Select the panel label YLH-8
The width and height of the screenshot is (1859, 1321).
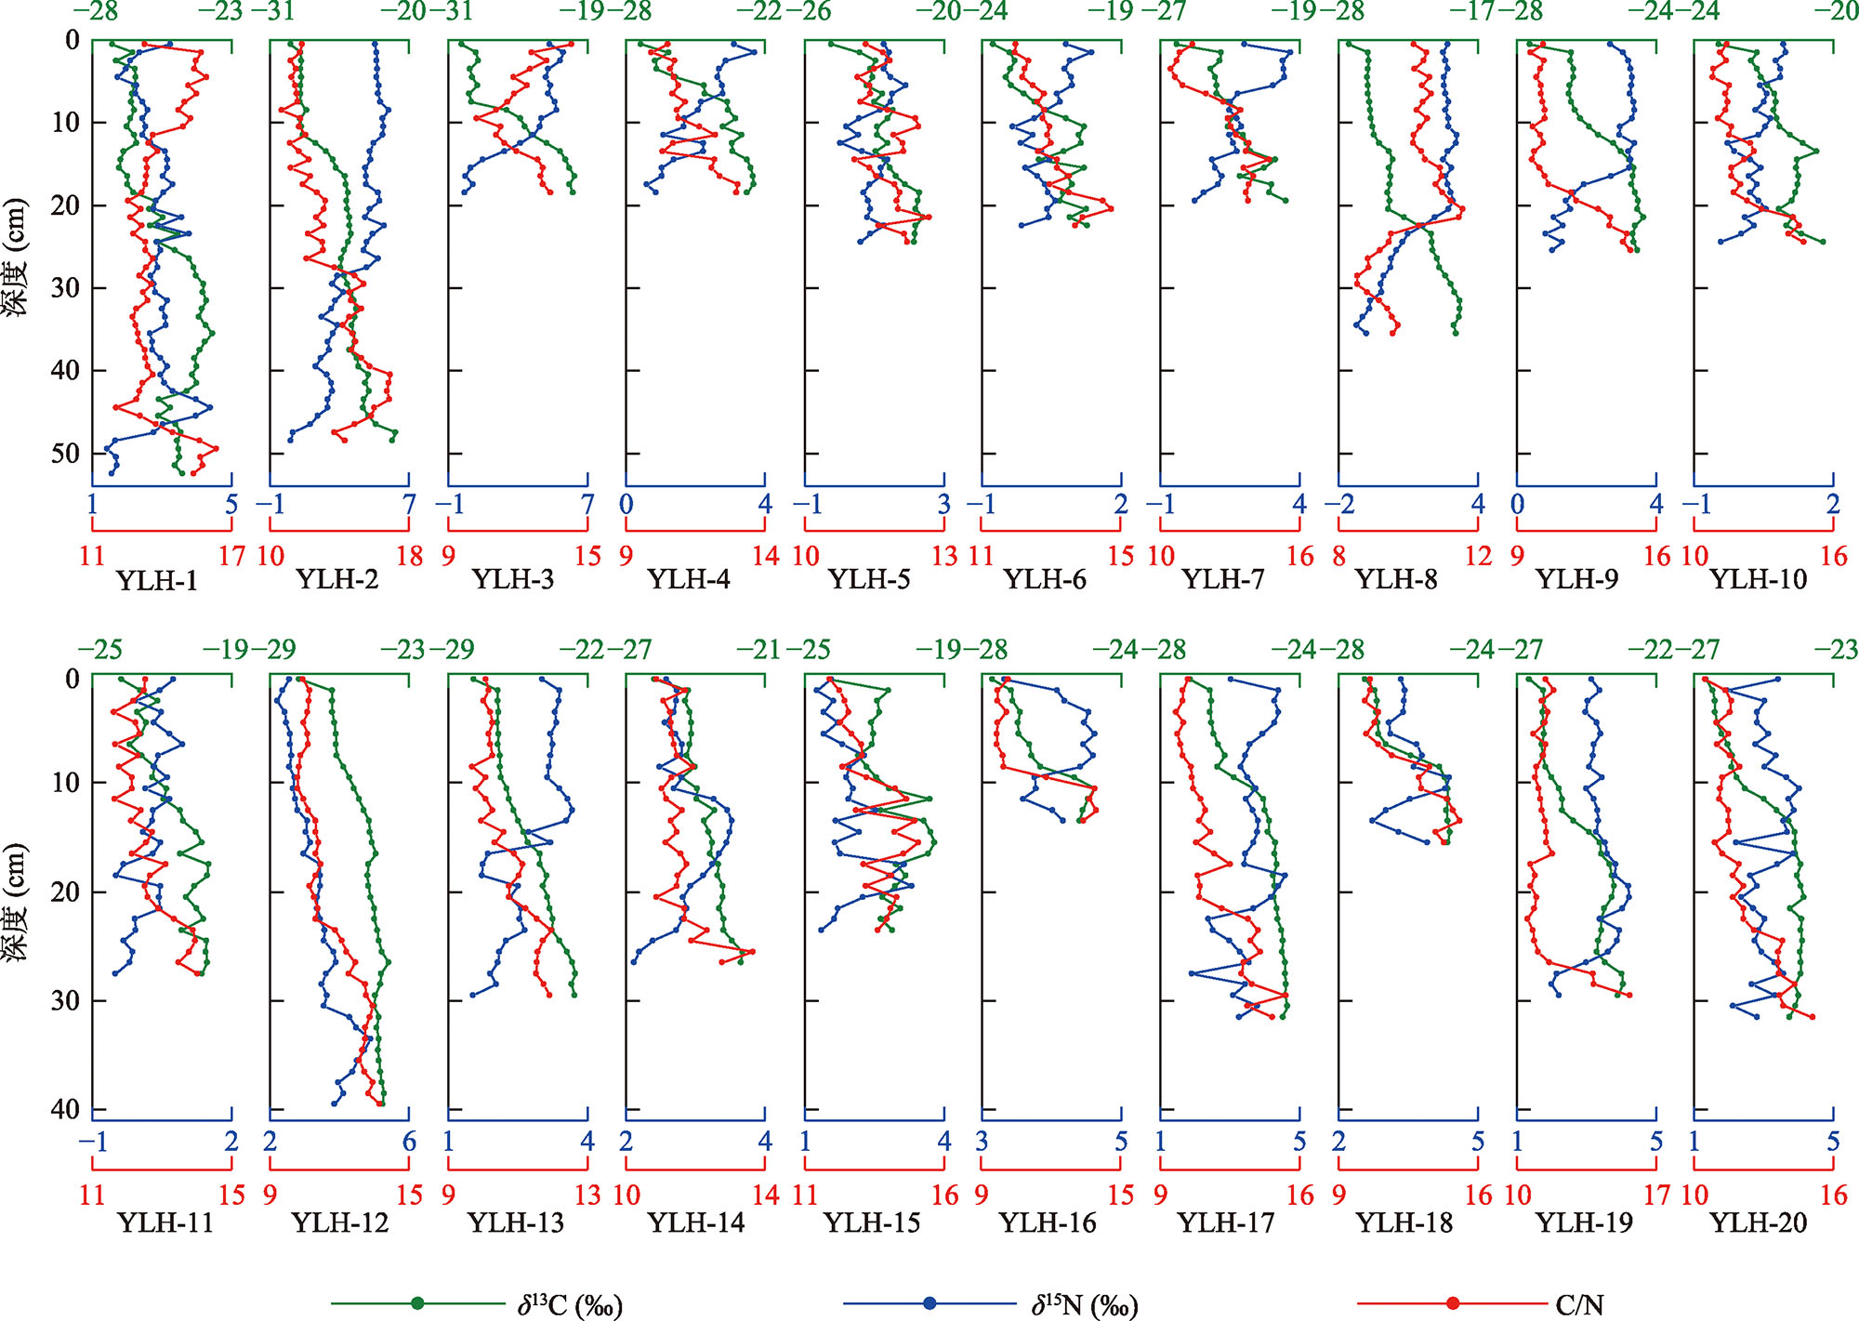(x=1396, y=580)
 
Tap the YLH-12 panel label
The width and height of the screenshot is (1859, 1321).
(x=339, y=1222)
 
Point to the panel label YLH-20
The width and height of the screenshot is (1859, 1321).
(x=1759, y=1222)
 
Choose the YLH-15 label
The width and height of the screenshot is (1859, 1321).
(x=872, y=1222)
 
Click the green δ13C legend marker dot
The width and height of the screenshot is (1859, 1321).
(x=417, y=1303)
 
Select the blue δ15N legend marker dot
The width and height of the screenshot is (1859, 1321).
(x=929, y=1303)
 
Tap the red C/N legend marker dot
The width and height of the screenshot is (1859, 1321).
(x=1453, y=1303)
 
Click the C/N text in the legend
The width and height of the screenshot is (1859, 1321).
(x=1579, y=1305)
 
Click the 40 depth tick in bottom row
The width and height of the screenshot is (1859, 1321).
(x=65, y=1109)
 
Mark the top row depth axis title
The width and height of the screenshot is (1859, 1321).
(x=16, y=257)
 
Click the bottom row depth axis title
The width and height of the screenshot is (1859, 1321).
(x=16, y=902)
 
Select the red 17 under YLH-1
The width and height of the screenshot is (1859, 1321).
(x=231, y=557)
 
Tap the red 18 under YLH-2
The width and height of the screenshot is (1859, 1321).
(x=410, y=557)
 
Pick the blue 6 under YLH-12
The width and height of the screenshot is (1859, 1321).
(x=409, y=1143)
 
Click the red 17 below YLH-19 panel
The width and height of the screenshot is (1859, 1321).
(x=1656, y=1196)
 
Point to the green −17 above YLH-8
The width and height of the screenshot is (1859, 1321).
(x=1477, y=12)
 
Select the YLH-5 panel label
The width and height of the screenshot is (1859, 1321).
(x=869, y=580)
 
